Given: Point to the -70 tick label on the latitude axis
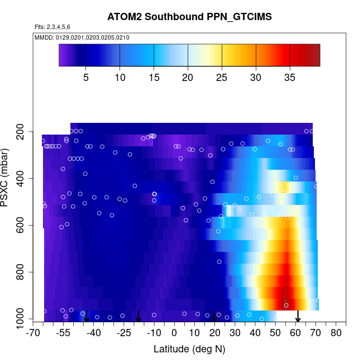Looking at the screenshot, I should [x=34, y=333].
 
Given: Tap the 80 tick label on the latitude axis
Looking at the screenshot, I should [x=336, y=333].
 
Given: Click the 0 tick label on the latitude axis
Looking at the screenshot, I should [x=174, y=333].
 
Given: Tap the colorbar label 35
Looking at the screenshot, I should [x=290, y=77].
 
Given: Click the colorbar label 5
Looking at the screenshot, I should [x=85, y=77].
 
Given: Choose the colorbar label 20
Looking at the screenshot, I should [x=188, y=77].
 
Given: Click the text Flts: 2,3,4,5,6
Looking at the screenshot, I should [x=52, y=27].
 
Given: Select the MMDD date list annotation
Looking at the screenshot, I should [x=82, y=37].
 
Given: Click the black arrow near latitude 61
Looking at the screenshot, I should [x=298, y=316].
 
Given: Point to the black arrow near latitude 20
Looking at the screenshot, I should [x=214, y=316].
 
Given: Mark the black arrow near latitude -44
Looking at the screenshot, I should [x=86, y=316].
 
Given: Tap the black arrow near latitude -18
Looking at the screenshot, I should [x=138, y=316].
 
